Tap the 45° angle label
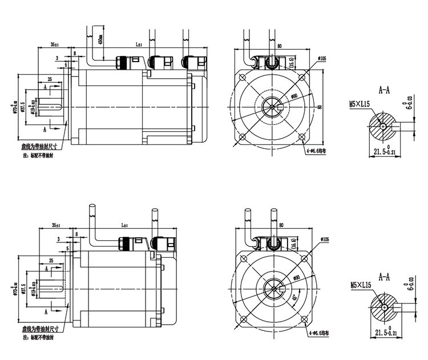point(295,297)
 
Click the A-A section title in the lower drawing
point(385,277)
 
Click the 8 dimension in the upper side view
point(75,54)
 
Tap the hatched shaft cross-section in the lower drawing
point(383,308)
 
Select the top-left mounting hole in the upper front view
point(244,75)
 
